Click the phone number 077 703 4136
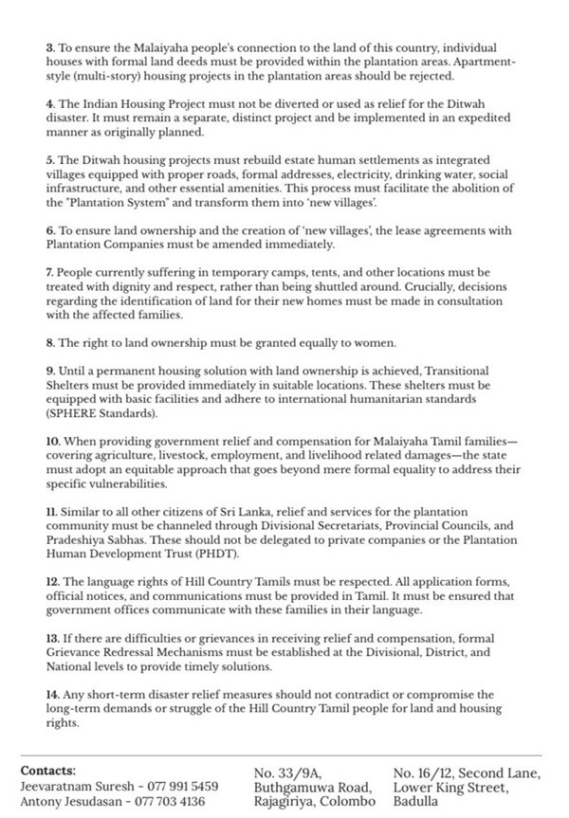[174, 800]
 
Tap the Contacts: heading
[48, 771]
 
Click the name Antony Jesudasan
[68, 800]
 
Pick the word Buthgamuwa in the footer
[293, 786]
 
